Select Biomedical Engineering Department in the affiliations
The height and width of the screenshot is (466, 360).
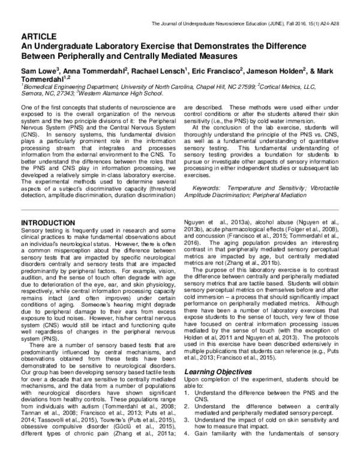tap(64, 86)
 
